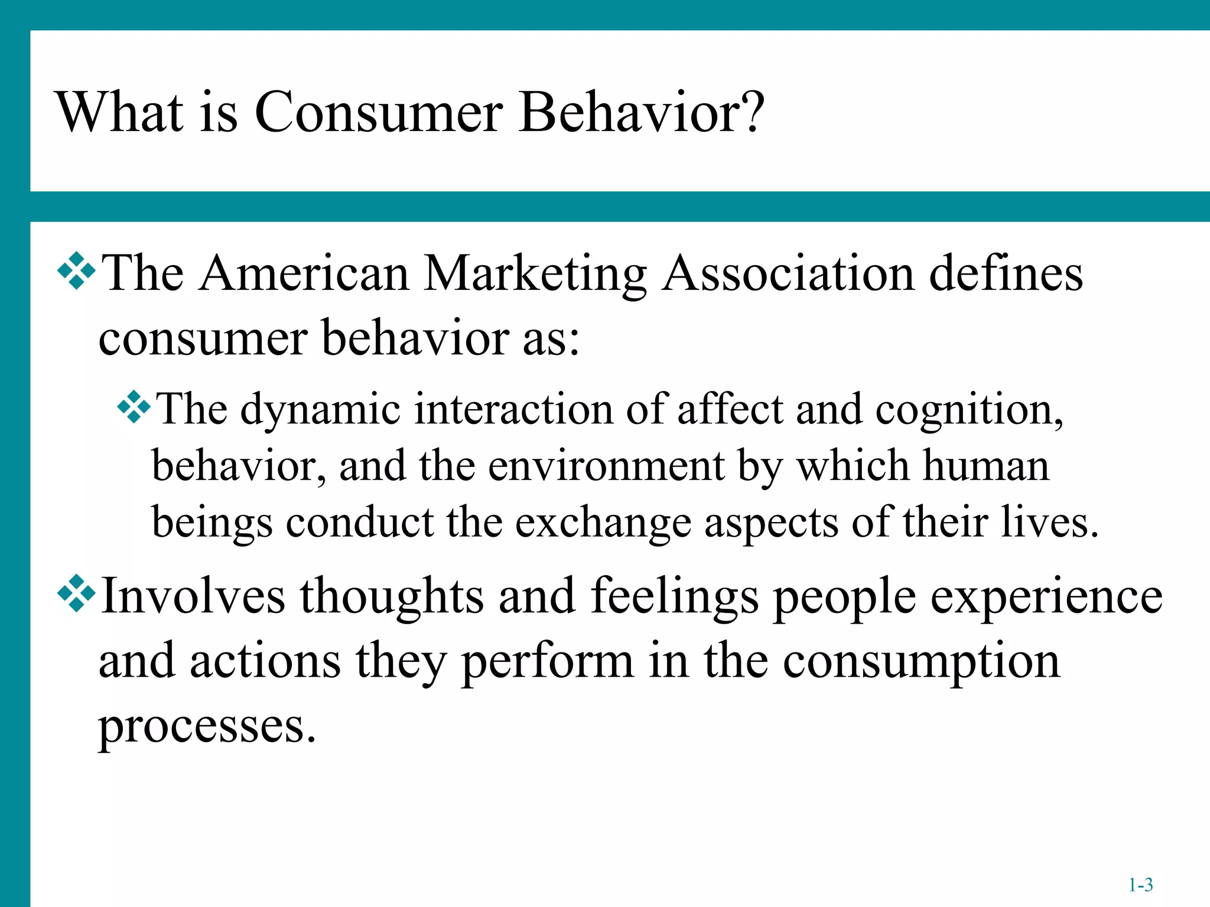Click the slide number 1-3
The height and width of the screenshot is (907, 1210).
point(1140,885)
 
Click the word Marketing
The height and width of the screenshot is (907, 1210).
point(535,275)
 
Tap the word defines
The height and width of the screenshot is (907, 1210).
point(1006,273)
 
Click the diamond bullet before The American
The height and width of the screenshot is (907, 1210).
point(76,271)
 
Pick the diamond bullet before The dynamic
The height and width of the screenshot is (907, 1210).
point(134,406)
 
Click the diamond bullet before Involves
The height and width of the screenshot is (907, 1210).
point(76,592)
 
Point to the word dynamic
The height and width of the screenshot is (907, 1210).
point(320,410)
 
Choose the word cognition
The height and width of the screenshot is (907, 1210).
point(969,410)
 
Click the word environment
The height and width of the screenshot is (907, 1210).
point(606,466)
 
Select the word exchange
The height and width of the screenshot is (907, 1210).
point(603,523)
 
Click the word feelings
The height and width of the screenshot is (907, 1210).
point(674,596)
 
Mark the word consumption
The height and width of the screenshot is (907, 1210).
point(921,662)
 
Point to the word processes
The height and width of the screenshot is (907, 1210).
point(207,727)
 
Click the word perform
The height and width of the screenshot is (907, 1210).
point(547,662)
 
